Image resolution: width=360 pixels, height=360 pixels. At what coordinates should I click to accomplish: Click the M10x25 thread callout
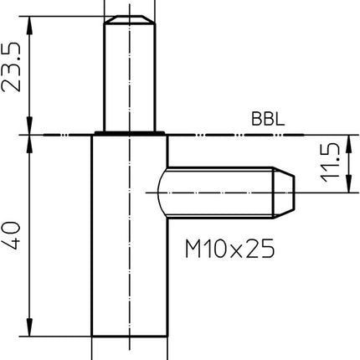(229, 249)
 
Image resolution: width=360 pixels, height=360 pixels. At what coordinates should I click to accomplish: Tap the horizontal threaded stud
(222, 193)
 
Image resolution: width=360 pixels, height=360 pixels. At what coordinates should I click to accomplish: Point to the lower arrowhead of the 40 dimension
(30, 328)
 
